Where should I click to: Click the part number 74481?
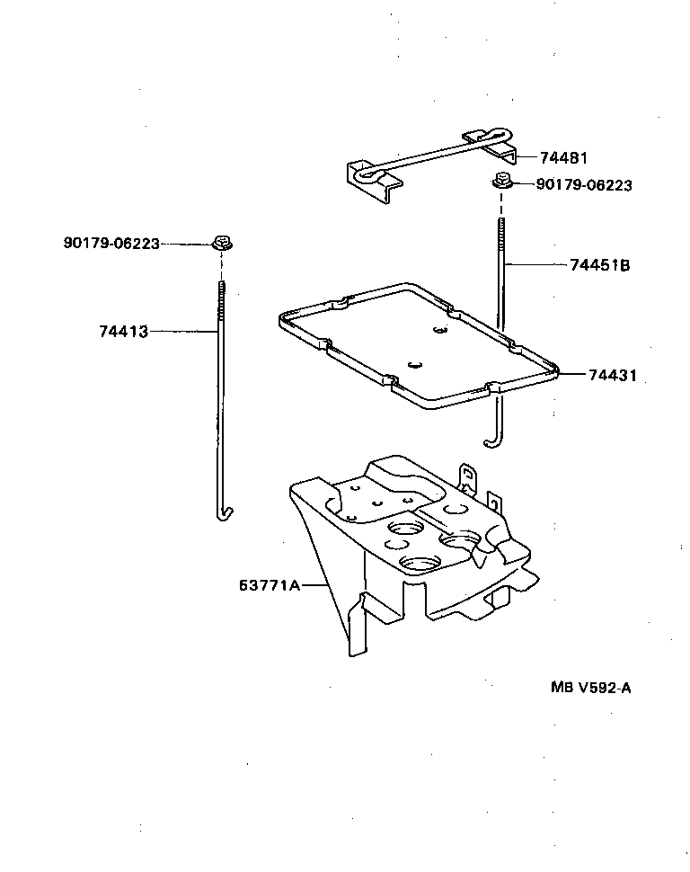coord(564,157)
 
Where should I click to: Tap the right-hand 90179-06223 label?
coord(584,185)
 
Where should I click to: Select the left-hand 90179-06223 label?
coord(111,243)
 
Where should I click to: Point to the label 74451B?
coord(599,265)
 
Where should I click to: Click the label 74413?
coord(123,331)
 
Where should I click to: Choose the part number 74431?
coord(612,375)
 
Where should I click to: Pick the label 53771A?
coord(270,585)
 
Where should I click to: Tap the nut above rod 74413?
coord(221,243)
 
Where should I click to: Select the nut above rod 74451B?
coord(500,183)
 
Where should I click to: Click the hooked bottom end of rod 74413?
coord(225,513)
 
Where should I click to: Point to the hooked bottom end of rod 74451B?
coord(491,440)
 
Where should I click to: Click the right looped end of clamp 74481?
coord(485,136)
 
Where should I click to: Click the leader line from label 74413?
coord(183,331)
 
